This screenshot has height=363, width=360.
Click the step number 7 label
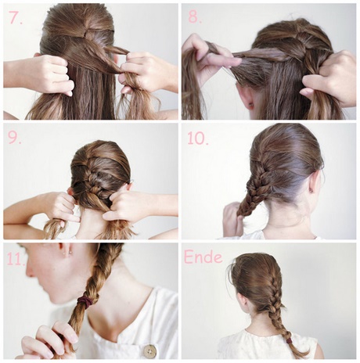click(16, 18)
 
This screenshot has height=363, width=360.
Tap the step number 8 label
click(195, 17)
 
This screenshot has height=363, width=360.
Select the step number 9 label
click(15, 138)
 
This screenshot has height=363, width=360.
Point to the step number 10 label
click(198, 138)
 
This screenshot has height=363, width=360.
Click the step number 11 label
click(16, 260)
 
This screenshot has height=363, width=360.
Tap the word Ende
click(203, 257)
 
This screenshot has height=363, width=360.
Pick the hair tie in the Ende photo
click(288, 340)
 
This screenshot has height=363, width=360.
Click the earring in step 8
click(252, 105)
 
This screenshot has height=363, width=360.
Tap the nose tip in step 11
click(28, 273)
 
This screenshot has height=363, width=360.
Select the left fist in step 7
click(52, 75)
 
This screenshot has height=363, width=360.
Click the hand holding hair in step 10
click(232, 219)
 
